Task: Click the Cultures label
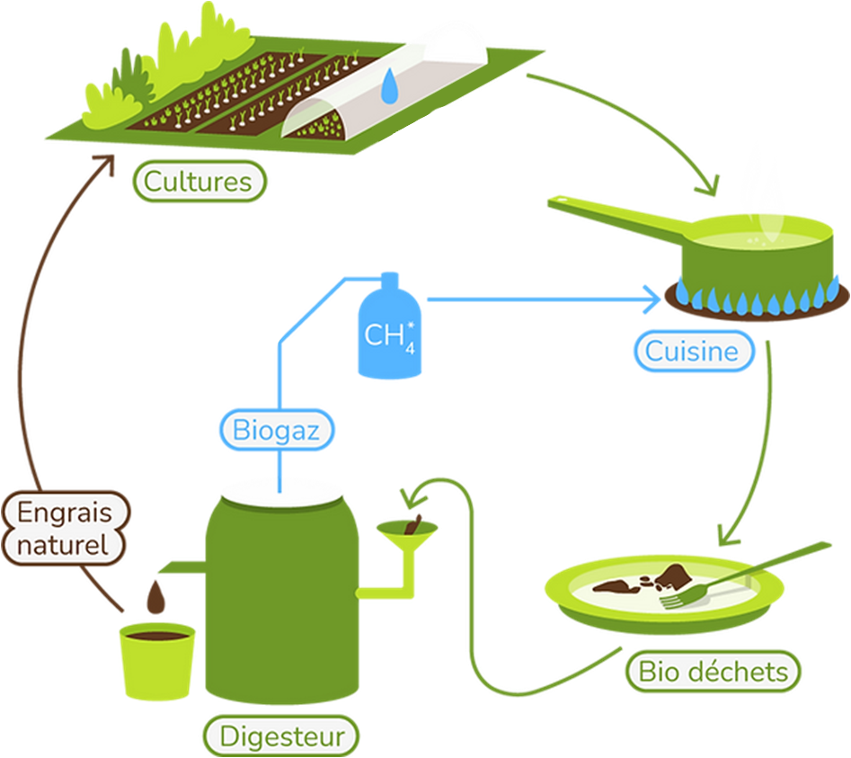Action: tap(199, 183)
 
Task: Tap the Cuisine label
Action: tap(691, 351)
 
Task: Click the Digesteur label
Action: tap(282, 737)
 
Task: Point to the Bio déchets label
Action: tap(713, 671)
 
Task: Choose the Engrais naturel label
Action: tap(65, 528)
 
